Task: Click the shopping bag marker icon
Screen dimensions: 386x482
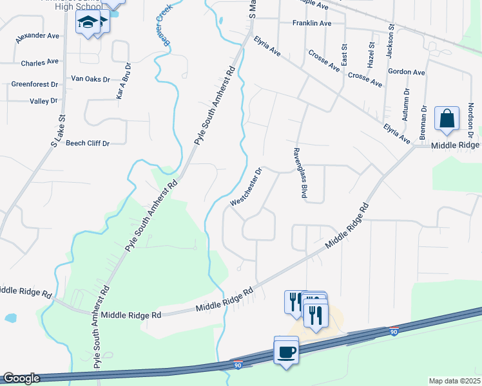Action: click(x=447, y=119)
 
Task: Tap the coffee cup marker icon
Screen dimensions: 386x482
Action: click(x=287, y=352)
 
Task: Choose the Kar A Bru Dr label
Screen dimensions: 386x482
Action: click(x=124, y=80)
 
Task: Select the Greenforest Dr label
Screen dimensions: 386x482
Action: click(x=35, y=84)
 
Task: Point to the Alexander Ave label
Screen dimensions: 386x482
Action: click(x=40, y=37)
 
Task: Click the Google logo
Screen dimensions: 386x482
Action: click(x=21, y=379)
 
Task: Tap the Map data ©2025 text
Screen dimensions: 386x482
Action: click(x=454, y=381)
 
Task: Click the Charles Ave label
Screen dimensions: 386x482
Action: click(x=39, y=63)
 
